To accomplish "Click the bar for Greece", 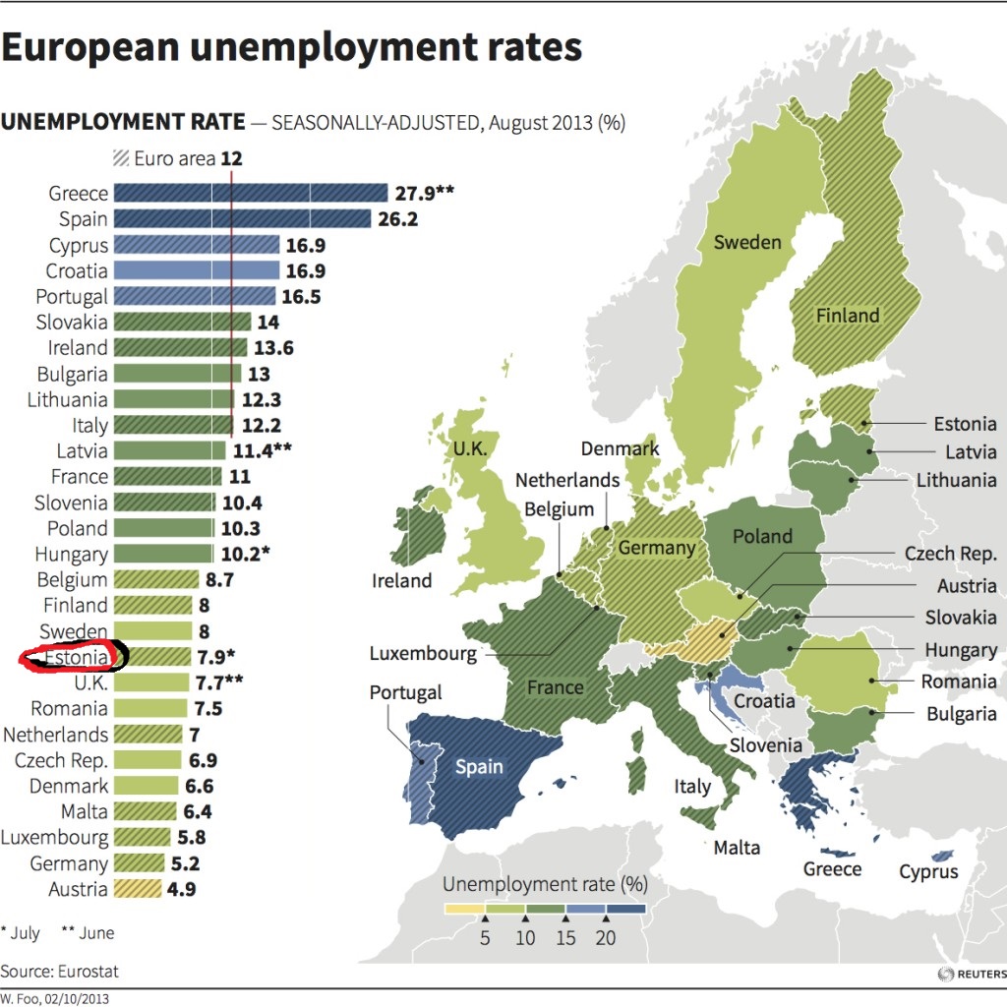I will tap(251, 193).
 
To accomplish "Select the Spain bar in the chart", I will tap(242, 218).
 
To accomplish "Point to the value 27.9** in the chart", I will tap(425, 193).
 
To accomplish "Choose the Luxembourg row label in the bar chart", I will tap(55, 838).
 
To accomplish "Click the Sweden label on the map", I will tap(747, 242).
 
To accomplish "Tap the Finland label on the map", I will tap(848, 316).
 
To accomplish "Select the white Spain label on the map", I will tap(479, 766).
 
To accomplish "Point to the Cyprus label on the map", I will tap(928, 871).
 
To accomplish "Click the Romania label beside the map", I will tap(959, 681).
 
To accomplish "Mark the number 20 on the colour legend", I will tap(606, 938).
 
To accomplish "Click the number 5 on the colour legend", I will tap(485, 938).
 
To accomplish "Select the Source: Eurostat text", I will tap(59, 972).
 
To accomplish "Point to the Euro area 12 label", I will tap(177, 158).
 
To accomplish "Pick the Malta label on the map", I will tap(737, 847).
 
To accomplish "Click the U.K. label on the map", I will tap(469, 448).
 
